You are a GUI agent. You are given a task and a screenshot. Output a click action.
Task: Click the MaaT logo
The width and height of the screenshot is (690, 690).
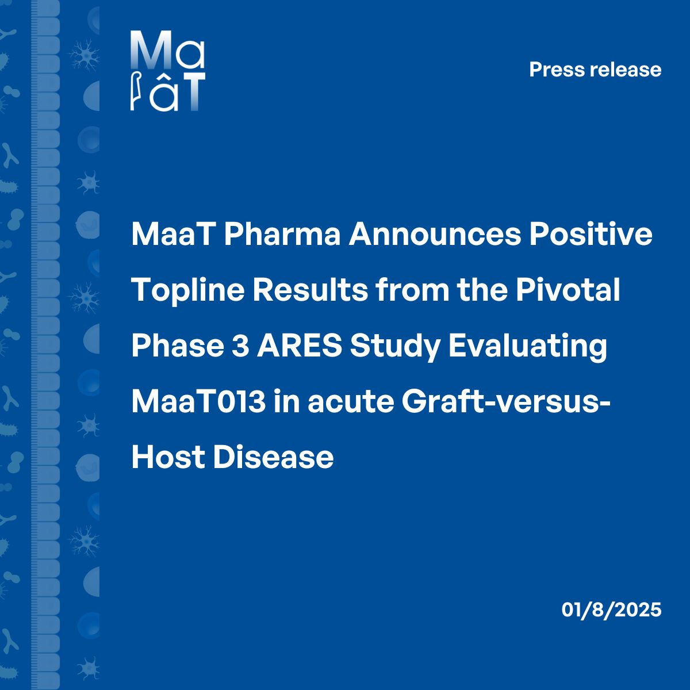[167, 70]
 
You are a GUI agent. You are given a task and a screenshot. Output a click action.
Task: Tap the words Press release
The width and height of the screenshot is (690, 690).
[595, 70]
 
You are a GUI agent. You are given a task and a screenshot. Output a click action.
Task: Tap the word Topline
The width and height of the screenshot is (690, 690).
[186, 291]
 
